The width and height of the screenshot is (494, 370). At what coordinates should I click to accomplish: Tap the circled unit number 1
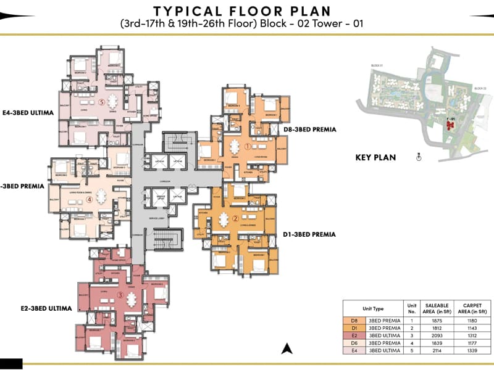[x=247, y=147]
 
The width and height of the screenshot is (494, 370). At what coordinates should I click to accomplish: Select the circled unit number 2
[x=235, y=218]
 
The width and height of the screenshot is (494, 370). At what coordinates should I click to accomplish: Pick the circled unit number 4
[x=90, y=199]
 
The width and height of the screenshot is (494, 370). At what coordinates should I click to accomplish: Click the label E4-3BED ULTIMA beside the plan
[x=28, y=113]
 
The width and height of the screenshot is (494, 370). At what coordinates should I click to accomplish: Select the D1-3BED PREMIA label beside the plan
[x=309, y=234]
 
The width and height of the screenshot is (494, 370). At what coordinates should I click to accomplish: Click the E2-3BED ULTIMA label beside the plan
[x=46, y=308]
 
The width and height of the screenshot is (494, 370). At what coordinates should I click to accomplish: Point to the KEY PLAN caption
[x=375, y=157]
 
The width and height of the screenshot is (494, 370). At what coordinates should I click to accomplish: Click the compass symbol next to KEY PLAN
[x=418, y=157]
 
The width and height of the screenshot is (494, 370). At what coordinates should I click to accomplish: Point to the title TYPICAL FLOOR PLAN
[x=242, y=11]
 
